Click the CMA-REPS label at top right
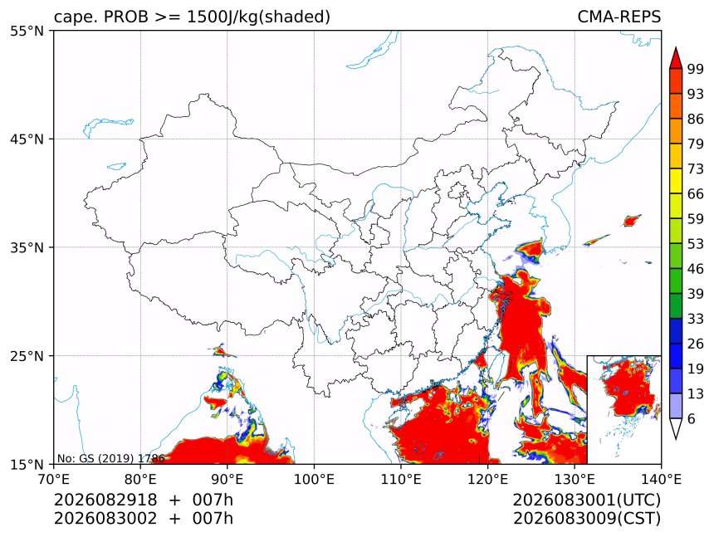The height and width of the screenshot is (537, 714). (619, 17)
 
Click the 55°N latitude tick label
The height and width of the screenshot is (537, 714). (27, 31)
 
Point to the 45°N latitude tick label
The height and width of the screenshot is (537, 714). (27, 139)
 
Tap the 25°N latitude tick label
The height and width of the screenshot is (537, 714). (27, 355)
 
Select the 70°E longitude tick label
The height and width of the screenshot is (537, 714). (54, 479)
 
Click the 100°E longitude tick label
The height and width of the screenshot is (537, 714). (314, 479)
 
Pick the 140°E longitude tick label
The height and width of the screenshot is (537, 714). (661, 479)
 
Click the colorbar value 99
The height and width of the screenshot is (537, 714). (696, 69)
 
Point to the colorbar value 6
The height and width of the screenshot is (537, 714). (692, 418)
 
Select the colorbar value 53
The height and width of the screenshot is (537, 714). (696, 244)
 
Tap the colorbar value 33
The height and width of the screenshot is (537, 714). (696, 319)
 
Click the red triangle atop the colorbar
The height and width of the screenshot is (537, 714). (676, 58)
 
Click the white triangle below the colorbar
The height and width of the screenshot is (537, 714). (676, 429)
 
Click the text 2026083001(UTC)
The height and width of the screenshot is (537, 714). (586, 500)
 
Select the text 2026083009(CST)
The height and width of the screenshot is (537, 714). (586, 519)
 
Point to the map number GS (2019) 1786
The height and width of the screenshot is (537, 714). (110, 458)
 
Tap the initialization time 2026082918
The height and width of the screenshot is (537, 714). (105, 500)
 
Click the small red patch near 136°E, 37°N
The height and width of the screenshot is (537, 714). (631, 221)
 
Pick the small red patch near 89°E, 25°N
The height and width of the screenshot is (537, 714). (221, 351)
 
